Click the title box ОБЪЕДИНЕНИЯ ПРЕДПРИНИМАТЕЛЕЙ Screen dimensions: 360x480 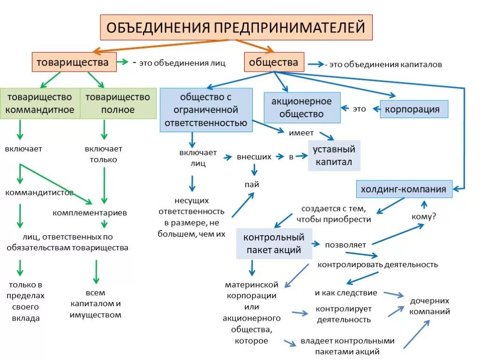coord(236,27)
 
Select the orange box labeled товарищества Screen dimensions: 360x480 coord(74,62)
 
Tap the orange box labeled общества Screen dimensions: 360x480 coord(274,62)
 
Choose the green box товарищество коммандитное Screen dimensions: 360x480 coord(40,104)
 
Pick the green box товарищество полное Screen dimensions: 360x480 coord(118,104)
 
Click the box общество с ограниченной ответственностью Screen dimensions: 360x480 coord(206,110)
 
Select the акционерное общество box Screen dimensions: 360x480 coord(302,108)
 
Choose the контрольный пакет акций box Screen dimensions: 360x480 coord(274,244)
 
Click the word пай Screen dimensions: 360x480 coord(251,184)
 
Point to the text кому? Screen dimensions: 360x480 coord(423,217)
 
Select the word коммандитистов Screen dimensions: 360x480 coord(39,192)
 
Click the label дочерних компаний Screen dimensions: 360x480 coord(430,306)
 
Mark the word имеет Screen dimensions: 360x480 coord(301,133)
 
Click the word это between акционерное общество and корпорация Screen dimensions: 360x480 coord(359,109)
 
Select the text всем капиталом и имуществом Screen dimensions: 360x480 coord(95,303)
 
